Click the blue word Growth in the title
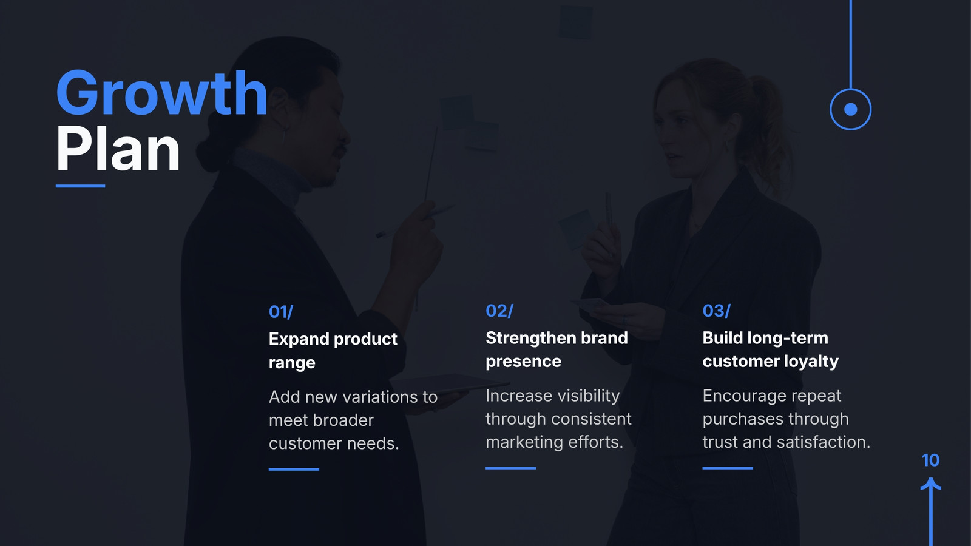click(x=161, y=93)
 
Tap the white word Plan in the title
click(x=118, y=149)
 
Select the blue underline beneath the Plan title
click(x=81, y=186)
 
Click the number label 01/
click(x=281, y=312)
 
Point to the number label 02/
click(x=499, y=311)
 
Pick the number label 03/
click(x=717, y=311)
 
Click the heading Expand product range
click(x=333, y=350)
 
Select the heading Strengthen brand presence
click(x=557, y=349)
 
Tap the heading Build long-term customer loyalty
click(x=771, y=349)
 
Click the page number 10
click(x=931, y=460)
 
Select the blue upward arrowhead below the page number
click(x=931, y=484)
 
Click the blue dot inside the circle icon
click(x=851, y=110)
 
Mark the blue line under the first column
click(x=294, y=470)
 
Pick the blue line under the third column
click(x=728, y=468)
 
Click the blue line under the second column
click(x=510, y=468)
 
